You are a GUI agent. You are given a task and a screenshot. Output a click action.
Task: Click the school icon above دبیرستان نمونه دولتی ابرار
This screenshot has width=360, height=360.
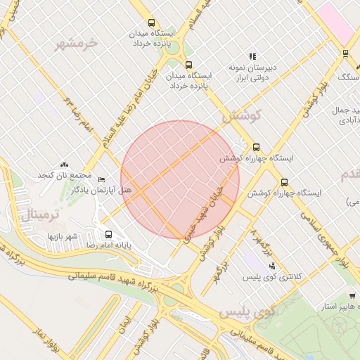click(252, 56)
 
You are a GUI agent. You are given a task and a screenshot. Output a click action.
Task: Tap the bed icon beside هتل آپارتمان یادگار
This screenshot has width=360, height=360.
click(101, 179)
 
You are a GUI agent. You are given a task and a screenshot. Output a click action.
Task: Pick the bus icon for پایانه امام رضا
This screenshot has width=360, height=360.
click(108, 234)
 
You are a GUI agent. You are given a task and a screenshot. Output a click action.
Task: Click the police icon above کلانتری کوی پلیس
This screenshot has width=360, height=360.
click(272, 266)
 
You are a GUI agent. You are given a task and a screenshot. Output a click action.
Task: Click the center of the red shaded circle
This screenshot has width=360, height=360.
click(180, 179)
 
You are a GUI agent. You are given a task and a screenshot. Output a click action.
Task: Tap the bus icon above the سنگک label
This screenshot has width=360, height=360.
click(345, 53)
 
